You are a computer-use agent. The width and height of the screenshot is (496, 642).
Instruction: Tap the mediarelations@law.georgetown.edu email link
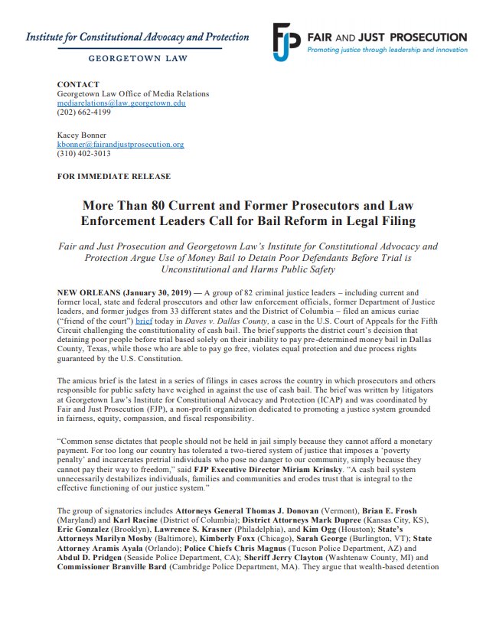click(122, 103)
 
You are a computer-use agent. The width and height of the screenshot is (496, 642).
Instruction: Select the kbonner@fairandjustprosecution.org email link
click(121, 144)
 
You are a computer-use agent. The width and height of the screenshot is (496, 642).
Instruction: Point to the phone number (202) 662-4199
click(83, 112)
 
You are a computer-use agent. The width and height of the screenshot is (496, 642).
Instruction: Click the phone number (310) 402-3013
click(83, 154)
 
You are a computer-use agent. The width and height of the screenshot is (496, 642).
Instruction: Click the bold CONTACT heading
click(78, 84)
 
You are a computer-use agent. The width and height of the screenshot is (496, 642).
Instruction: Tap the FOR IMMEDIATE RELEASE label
click(114, 176)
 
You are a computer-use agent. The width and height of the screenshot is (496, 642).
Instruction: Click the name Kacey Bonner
click(83, 135)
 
